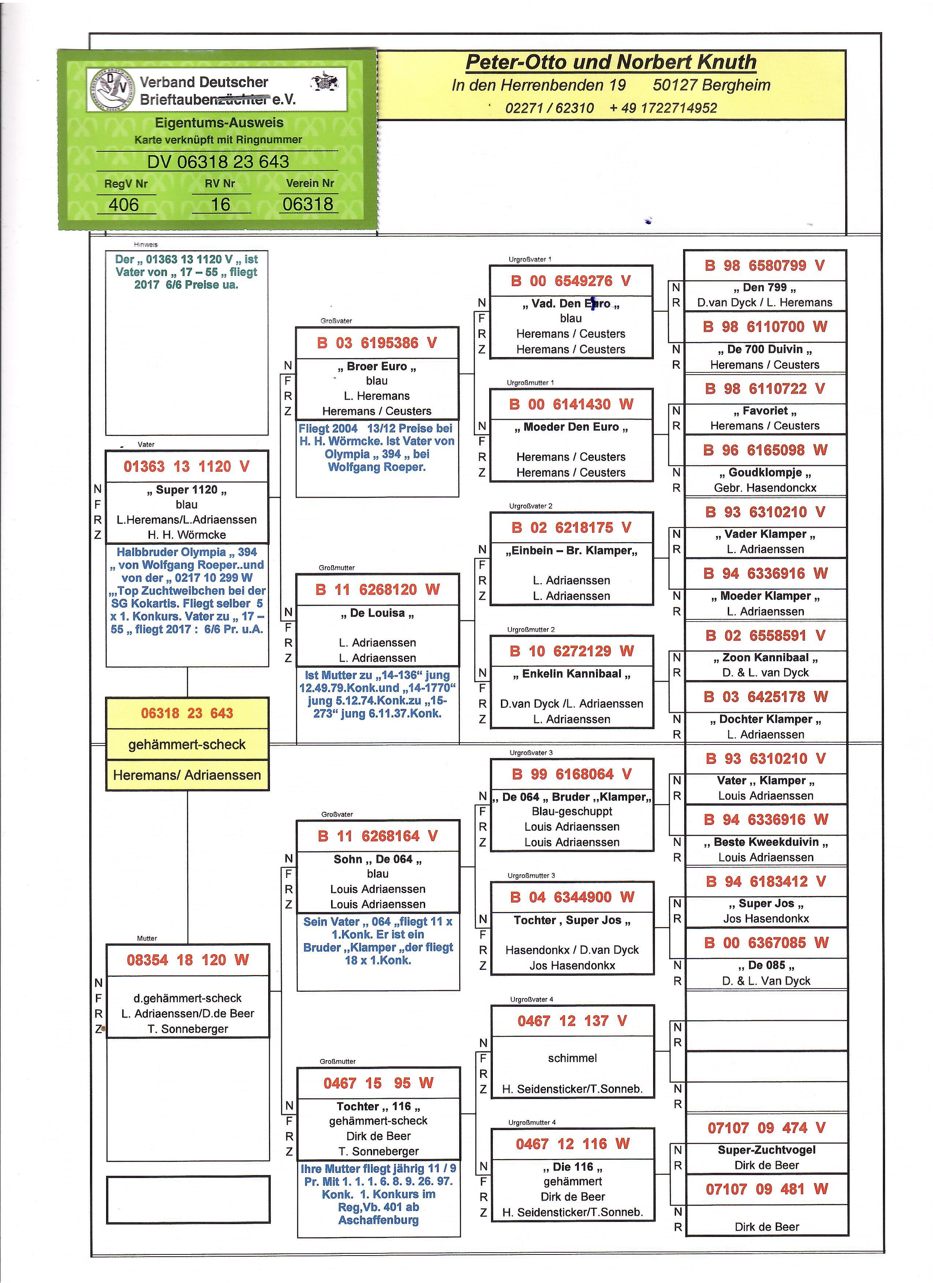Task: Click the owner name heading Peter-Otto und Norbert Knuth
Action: pyautogui.click(x=611, y=62)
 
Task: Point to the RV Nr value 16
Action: pyautogui.click(x=220, y=205)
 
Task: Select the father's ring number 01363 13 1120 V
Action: pyautogui.click(x=186, y=467)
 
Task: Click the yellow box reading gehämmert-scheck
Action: pyautogui.click(x=187, y=744)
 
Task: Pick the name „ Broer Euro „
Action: pyautogui.click(x=377, y=367)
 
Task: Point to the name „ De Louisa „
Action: pyautogui.click(x=377, y=613)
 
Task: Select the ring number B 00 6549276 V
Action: pyautogui.click(x=570, y=281)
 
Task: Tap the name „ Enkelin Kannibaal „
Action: pyautogui.click(x=572, y=674)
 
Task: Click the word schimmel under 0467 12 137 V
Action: pyautogui.click(x=572, y=1058)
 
